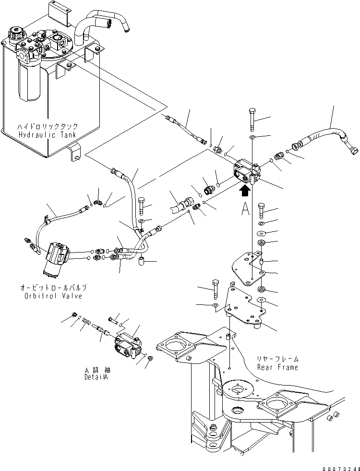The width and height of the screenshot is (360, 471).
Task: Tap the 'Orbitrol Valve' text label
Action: [x=54, y=295]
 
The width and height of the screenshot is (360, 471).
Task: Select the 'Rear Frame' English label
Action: [x=277, y=367]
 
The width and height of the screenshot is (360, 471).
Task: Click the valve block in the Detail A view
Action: [x=129, y=348]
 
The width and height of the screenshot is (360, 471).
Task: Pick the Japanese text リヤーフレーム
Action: [x=277, y=359]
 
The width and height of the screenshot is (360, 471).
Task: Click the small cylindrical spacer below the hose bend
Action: [x=142, y=262]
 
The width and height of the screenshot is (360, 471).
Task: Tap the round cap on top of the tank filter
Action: [x=16, y=35]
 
